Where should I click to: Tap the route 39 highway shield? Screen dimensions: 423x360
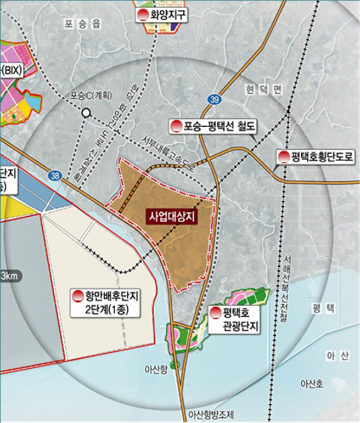214,99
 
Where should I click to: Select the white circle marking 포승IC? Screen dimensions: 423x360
85,112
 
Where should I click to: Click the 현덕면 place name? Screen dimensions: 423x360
262,90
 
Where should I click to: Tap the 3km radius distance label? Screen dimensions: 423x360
9,275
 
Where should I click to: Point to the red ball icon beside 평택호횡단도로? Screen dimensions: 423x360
283,157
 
